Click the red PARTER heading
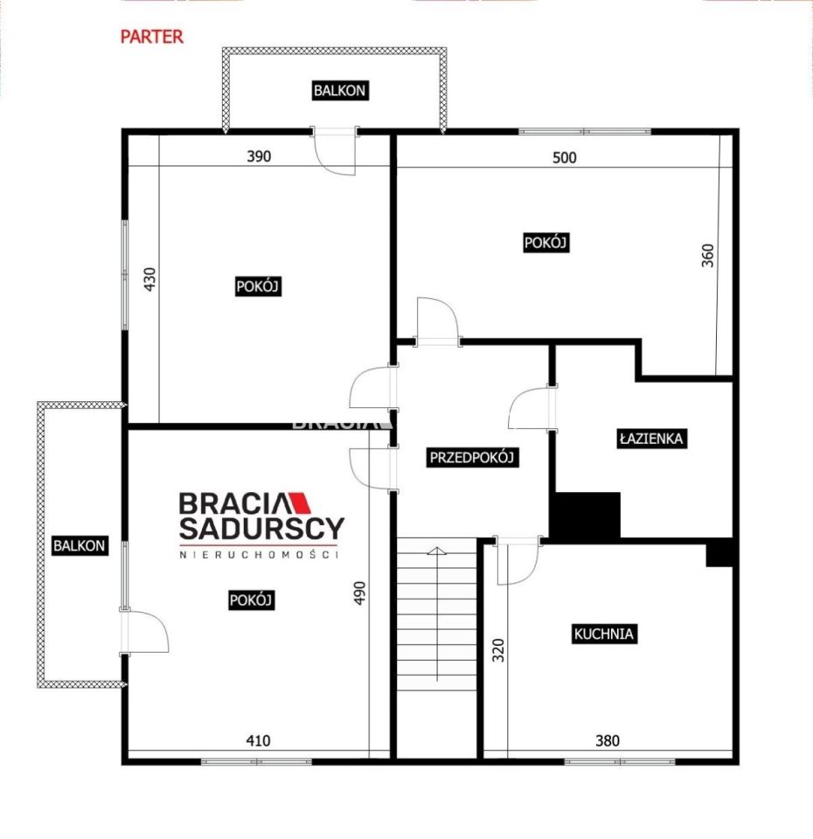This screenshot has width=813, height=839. (x=151, y=37)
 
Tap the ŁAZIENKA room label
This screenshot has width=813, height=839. (x=651, y=439)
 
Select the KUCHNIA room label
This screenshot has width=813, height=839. (x=604, y=634)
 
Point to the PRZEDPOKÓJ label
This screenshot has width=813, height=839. (x=472, y=457)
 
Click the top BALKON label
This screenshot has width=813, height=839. (x=339, y=90)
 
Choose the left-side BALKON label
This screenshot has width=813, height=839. (x=80, y=545)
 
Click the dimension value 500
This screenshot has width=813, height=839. (x=565, y=157)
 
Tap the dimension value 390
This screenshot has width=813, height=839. (x=259, y=156)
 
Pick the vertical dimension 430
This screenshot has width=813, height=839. (x=149, y=280)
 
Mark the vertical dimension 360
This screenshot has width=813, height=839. (x=707, y=256)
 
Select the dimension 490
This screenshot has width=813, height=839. (x=359, y=593)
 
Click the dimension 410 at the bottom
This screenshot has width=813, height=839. (x=258, y=740)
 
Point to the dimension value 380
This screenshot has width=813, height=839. (x=608, y=740)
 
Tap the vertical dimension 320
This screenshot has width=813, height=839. (x=498, y=650)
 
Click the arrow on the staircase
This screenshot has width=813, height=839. (x=437, y=614)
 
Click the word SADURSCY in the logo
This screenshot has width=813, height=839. (x=261, y=528)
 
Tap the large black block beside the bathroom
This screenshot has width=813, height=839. (x=587, y=515)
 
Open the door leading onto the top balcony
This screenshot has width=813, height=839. (x=335, y=152)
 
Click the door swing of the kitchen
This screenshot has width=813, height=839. (x=518, y=562)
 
